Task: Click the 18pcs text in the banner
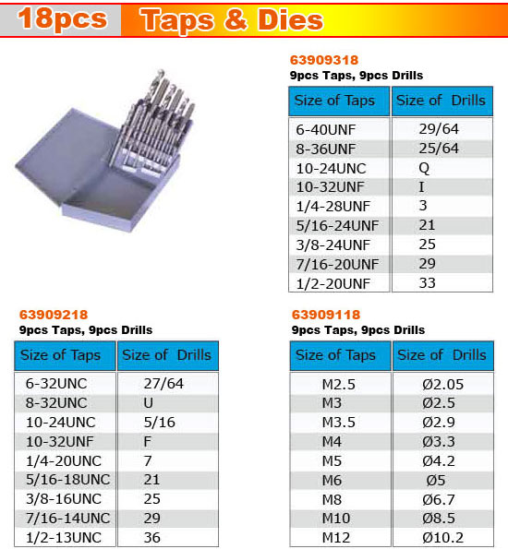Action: pos(62,19)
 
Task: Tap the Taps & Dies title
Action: pos(231,19)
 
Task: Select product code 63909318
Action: pos(325,60)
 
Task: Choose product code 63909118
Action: pos(325,315)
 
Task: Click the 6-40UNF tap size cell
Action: pos(329,130)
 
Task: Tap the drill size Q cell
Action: pos(425,168)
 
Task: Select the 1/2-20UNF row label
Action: pos(333,283)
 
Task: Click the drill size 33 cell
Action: pos(427,283)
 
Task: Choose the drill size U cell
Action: pos(150,402)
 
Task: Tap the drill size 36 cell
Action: pos(151,537)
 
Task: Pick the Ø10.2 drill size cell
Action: pos(442,537)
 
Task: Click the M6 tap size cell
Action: pos(332,480)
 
